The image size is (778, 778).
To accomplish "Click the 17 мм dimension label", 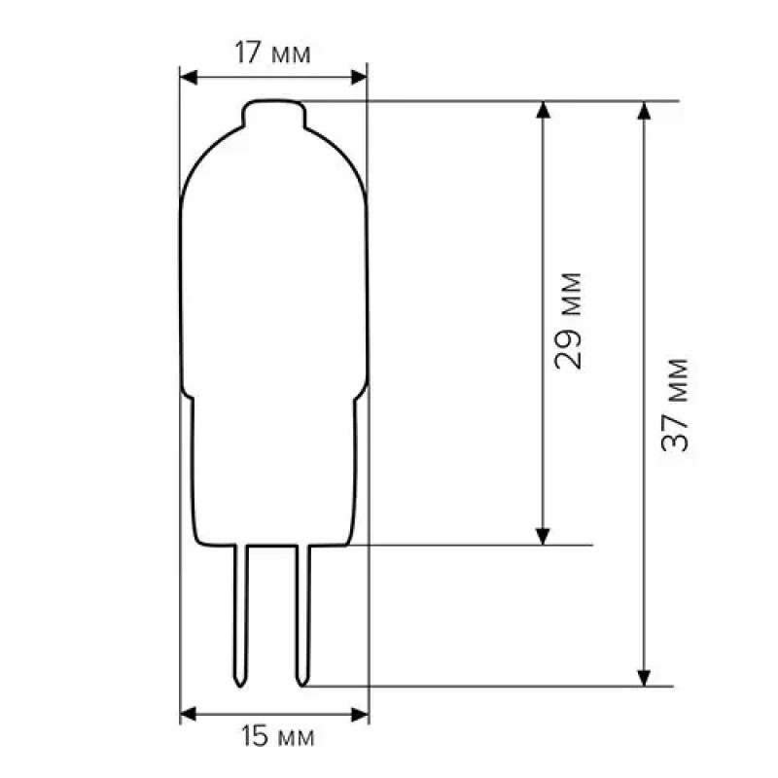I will (x=273, y=53).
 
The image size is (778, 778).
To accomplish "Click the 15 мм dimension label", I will (x=275, y=737).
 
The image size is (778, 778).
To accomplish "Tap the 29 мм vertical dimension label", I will (x=569, y=321).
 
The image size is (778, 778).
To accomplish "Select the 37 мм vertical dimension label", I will (x=674, y=405).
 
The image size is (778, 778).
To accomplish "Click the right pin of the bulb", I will (x=303, y=613).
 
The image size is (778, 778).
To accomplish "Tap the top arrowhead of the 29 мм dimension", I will (x=543, y=110).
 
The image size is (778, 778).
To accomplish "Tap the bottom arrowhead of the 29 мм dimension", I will (x=543, y=535).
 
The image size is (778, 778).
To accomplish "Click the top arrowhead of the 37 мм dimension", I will (x=643, y=110).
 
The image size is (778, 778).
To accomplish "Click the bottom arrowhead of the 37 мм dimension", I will (x=643, y=676).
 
